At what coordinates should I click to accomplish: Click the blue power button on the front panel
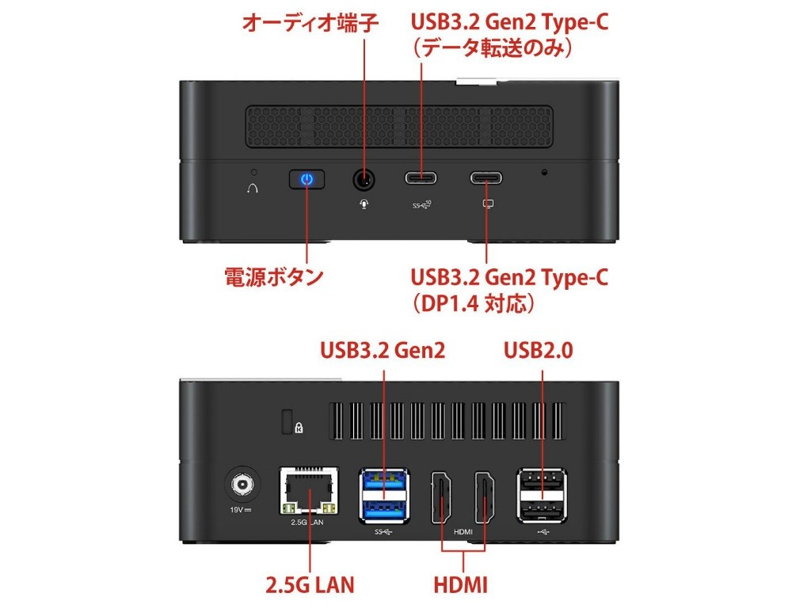[307, 180]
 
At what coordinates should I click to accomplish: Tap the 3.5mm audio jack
[364, 180]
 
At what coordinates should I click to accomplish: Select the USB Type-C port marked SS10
[421, 178]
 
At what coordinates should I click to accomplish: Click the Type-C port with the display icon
[485, 178]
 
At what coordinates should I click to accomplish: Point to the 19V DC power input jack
[242, 485]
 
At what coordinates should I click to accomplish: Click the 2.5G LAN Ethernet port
[310, 491]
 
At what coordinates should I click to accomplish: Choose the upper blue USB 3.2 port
[384, 481]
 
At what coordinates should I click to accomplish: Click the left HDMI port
[441, 497]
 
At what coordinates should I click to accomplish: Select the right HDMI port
[484, 497]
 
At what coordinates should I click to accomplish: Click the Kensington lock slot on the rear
[287, 421]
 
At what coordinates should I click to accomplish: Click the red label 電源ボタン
[274, 276]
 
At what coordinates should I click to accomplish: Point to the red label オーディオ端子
[310, 23]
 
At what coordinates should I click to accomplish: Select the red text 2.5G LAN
[310, 585]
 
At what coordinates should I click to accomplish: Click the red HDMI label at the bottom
[460, 585]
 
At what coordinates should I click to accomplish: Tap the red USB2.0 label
[538, 350]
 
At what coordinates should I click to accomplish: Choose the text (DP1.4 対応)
[473, 303]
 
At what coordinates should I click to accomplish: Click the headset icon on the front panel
[252, 188]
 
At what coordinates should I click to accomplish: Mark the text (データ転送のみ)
[493, 48]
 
